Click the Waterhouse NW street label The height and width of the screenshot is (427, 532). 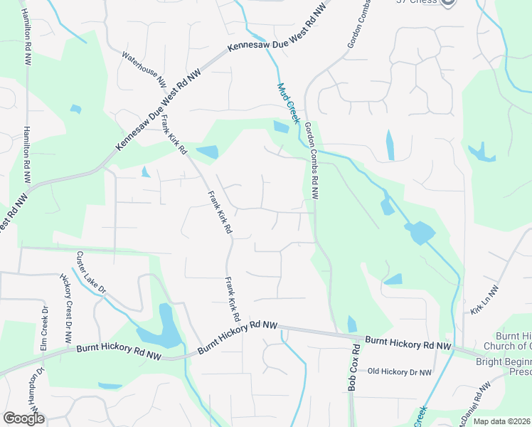144,70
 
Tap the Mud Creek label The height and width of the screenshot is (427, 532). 288,104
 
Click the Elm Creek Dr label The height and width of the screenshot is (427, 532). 44,327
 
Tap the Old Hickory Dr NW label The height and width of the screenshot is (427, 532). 400,372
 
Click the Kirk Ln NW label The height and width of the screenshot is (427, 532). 485,300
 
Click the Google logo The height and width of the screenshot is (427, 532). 23,419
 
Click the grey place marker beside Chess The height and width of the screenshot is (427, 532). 447,2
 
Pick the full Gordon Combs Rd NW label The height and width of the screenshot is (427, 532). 312,160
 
